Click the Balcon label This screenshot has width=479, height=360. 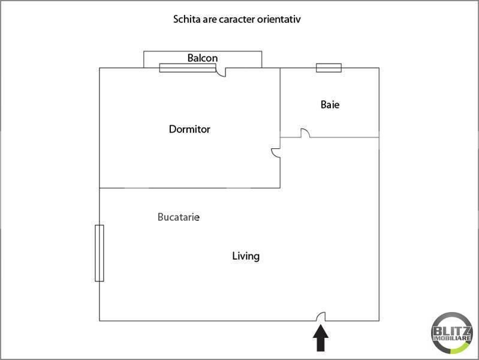pos(203,58)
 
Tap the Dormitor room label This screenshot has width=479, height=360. pos(189,129)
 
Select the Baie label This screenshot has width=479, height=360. pos(330,104)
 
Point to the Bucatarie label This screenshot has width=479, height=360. pos(179,217)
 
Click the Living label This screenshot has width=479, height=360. pos(246,256)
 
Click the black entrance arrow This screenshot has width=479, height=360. pos(321,338)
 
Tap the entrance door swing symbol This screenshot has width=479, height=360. pos(321,317)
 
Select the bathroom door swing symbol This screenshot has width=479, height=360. pos(305,133)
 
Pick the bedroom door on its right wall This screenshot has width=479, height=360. pos(276,153)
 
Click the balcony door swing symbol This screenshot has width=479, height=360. pos(221,73)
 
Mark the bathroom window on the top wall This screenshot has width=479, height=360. pos(329,68)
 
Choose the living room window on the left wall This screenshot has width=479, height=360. pos(100,253)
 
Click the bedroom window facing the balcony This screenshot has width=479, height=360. pos(188,68)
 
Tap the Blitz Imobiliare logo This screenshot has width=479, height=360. pos(451,333)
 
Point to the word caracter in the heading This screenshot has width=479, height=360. pos(237,19)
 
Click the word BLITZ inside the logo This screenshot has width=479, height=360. pos(451,331)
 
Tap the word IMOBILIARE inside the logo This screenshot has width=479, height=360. pos(452,338)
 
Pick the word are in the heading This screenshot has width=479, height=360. pos(210,20)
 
